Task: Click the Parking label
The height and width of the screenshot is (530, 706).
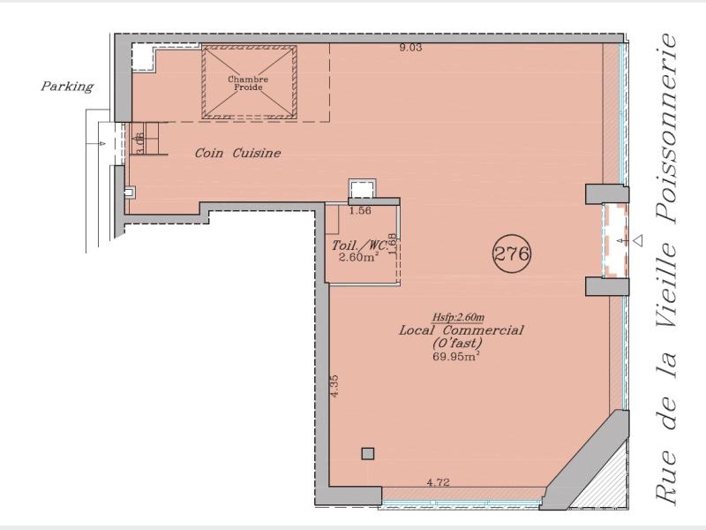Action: coord(67,86)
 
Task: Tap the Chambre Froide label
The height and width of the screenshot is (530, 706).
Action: coord(248,83)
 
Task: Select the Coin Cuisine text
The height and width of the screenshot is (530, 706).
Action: coord(237,153)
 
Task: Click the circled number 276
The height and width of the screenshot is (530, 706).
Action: coord(512,254)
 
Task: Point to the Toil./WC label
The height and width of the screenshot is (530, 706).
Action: coord(359,246)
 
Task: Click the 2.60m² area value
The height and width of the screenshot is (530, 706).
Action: coord(358,257)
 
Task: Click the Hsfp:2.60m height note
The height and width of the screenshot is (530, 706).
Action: coord(458,318)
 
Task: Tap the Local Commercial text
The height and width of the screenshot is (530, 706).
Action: coord(461,329)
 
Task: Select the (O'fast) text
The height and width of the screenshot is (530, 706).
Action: coord(457,344)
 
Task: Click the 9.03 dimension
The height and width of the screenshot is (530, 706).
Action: coord(410,48)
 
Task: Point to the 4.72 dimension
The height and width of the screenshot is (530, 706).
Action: coord(438,482)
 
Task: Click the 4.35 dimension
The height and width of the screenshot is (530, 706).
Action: coord(334,386)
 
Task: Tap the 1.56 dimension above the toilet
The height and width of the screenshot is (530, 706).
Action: coord(361,210)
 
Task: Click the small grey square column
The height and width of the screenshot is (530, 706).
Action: coord(368,453)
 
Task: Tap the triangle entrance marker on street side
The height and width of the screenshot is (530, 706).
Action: coord(638,240)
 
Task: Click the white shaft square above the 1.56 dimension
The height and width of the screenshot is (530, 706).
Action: coord(363,188)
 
